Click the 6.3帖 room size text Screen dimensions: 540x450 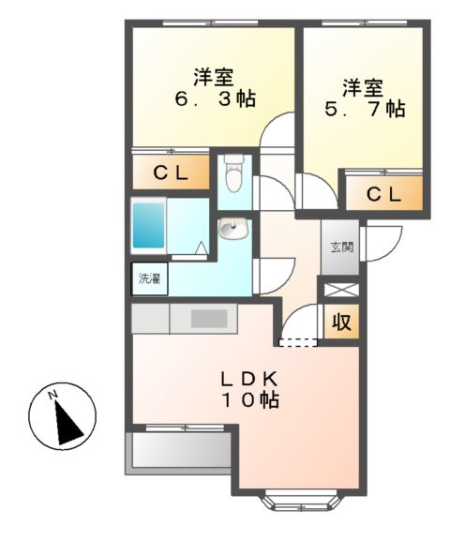(215, 98)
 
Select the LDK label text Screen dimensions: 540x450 (248, 380)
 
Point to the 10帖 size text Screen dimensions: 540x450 (248, 401)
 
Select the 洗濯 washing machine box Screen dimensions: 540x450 (149, 278)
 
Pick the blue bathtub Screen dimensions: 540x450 (150, 225)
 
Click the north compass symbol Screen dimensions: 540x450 (63, 416)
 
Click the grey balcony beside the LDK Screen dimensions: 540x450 (178, 450)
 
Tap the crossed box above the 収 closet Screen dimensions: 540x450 (340, 289)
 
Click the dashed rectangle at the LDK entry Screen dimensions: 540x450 (300, 341)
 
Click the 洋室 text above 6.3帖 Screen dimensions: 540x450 (215, 75)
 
